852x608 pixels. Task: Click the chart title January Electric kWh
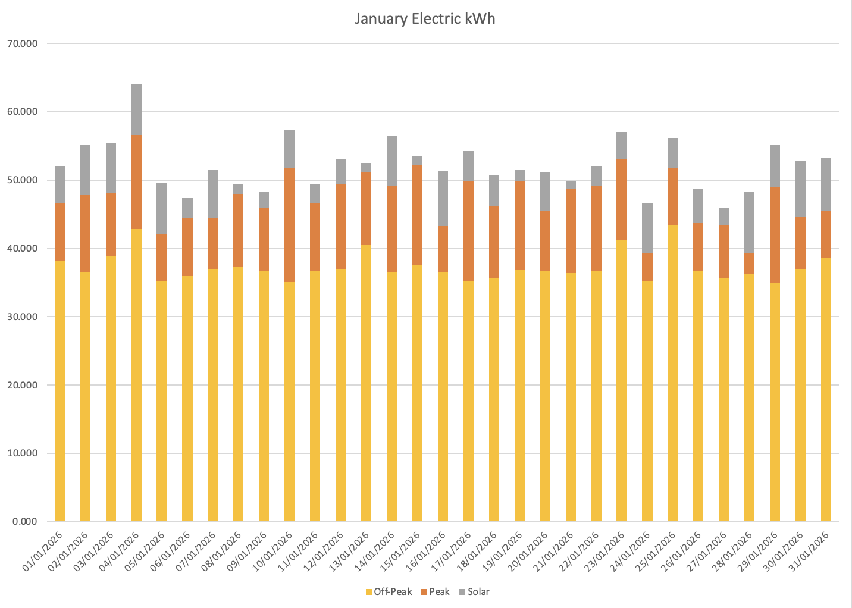[425, 19]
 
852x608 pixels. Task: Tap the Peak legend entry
[439, 592]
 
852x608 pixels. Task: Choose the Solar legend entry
[478, 592]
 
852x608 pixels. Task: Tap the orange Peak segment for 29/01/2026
[775, 235]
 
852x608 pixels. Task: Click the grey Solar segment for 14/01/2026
[391, 161]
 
